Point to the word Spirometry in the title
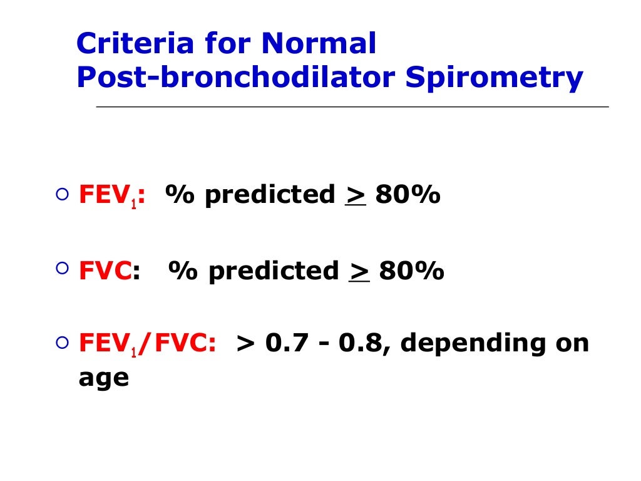[494, 78]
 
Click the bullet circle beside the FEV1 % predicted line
[61, 195]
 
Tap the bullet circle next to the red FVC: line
[61, 269]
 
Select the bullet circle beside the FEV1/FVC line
[61, 343]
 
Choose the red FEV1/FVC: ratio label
[148, 344]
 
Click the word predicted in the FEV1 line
[270, 196]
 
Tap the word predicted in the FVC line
[274, 271]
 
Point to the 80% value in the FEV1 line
[408, 196]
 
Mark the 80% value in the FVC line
[411, 271]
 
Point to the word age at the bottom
[103, 379]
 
